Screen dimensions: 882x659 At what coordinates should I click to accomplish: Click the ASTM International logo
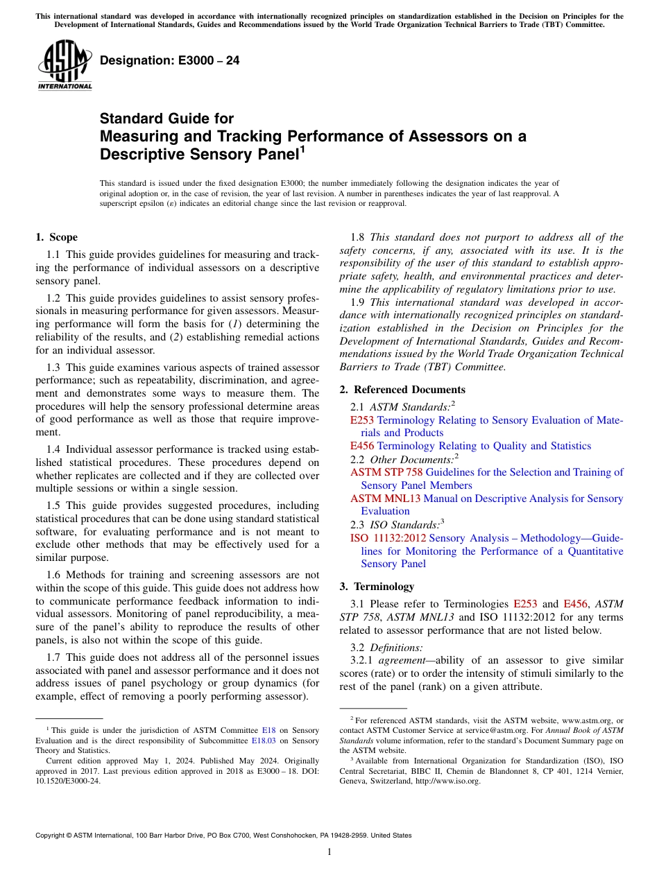[64, 65]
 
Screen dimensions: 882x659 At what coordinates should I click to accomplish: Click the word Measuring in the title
[139, 136]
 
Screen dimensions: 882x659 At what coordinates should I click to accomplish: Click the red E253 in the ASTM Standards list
[362, 420]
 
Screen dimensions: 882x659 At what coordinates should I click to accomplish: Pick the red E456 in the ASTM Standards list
[362, 446]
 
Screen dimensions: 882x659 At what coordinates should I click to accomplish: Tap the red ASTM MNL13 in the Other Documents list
[386, 499]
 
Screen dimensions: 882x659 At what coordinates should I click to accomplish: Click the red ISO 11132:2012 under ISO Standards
[388, 538]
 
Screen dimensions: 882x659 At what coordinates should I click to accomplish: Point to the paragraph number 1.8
[359, 237]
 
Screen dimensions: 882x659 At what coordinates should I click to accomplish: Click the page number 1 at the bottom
[329, 852]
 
